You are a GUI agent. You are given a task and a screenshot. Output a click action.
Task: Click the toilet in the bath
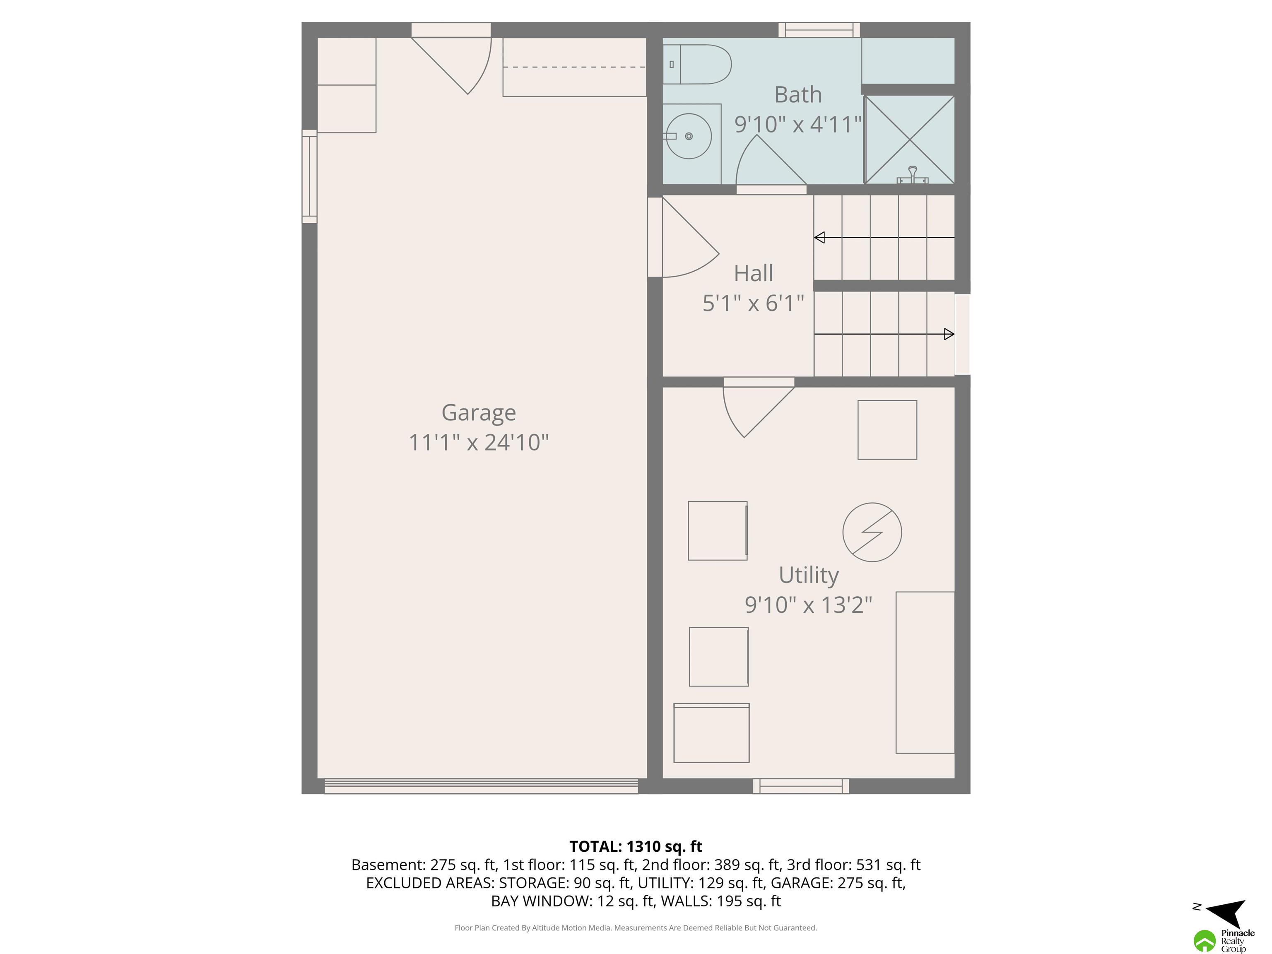click(697, 65)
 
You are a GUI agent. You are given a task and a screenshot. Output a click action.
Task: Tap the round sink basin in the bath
click(689, 136)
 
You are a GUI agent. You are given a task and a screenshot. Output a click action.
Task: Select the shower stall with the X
click(910, 140)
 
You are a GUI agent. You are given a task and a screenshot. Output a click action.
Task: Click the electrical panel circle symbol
click(872, 532)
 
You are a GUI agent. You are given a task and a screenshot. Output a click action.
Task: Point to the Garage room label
click(478, 413)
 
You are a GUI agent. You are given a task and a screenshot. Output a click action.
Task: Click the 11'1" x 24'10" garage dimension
click(478, 442)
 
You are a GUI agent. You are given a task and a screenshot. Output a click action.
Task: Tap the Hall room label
click(753, 273)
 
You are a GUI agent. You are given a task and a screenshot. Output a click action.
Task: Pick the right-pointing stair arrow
click(884, 334)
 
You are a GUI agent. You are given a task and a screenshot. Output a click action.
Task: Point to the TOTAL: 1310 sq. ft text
click(636, 846)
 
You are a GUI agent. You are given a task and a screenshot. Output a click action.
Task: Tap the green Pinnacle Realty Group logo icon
click(1204, 941)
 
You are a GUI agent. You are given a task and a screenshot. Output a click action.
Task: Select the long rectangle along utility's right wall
click(925, 672)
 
